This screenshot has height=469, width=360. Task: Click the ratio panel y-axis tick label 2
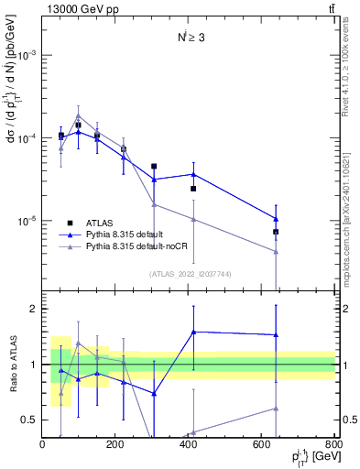(33, 309)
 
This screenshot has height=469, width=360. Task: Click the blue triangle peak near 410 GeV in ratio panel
(193, 332)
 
